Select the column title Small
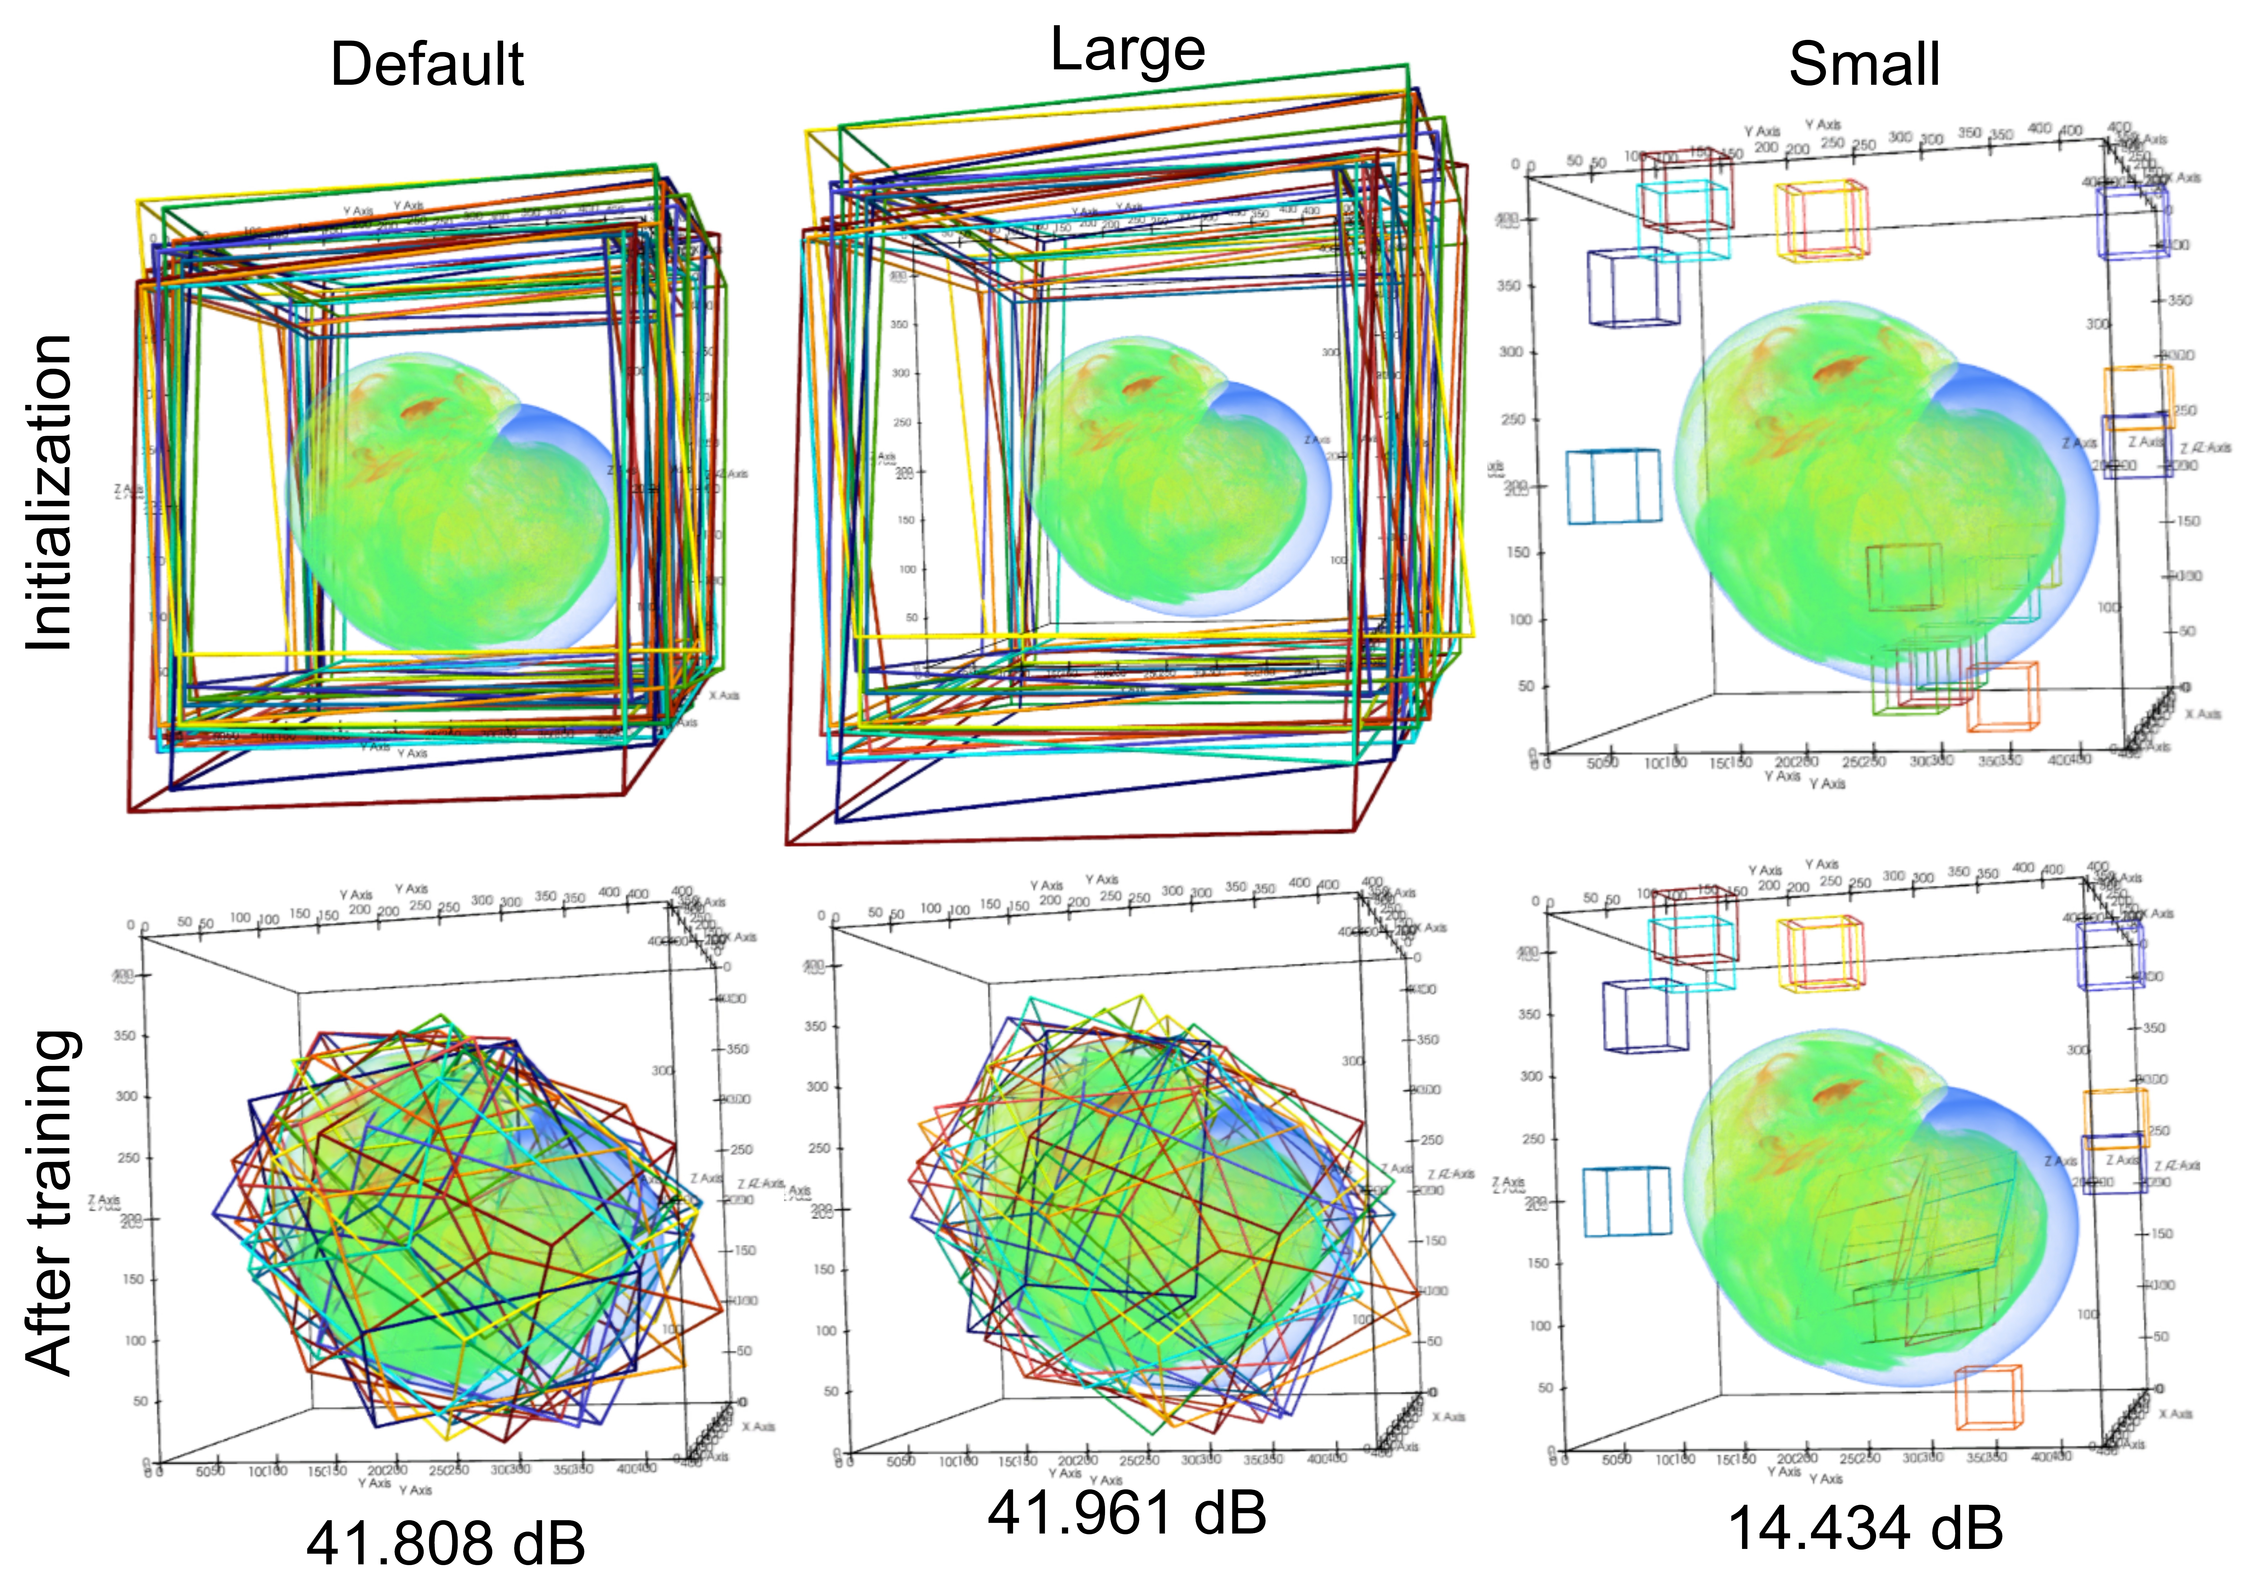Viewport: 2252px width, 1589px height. click(x=1864, y=65)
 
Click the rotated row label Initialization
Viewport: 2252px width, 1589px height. click(x=49, y=492)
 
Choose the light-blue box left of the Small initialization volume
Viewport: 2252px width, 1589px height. click(x=1614, y=487)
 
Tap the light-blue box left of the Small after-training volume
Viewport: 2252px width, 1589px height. click(x=1626, y=1201)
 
